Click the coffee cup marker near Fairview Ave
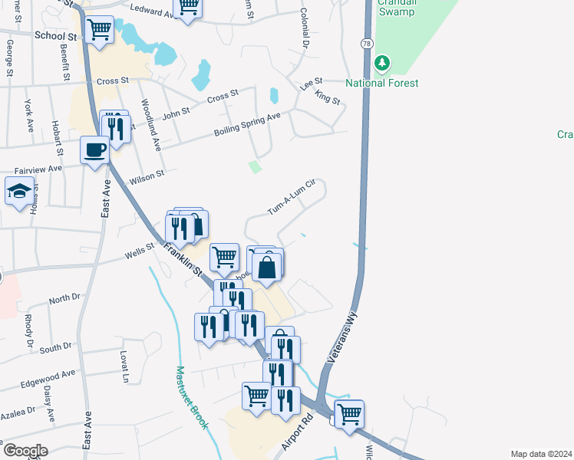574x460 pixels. coord(95,150)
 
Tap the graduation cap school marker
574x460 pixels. coord(19,192)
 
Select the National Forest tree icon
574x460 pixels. coord(381,63)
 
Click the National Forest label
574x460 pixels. coord(381,83)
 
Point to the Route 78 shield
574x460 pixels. coord(367,44)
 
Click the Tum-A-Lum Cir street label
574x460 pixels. coord(292,197)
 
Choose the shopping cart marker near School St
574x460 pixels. coord(100,29)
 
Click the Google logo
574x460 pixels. coord(25,451)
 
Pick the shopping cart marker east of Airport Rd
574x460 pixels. coord(349,414)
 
